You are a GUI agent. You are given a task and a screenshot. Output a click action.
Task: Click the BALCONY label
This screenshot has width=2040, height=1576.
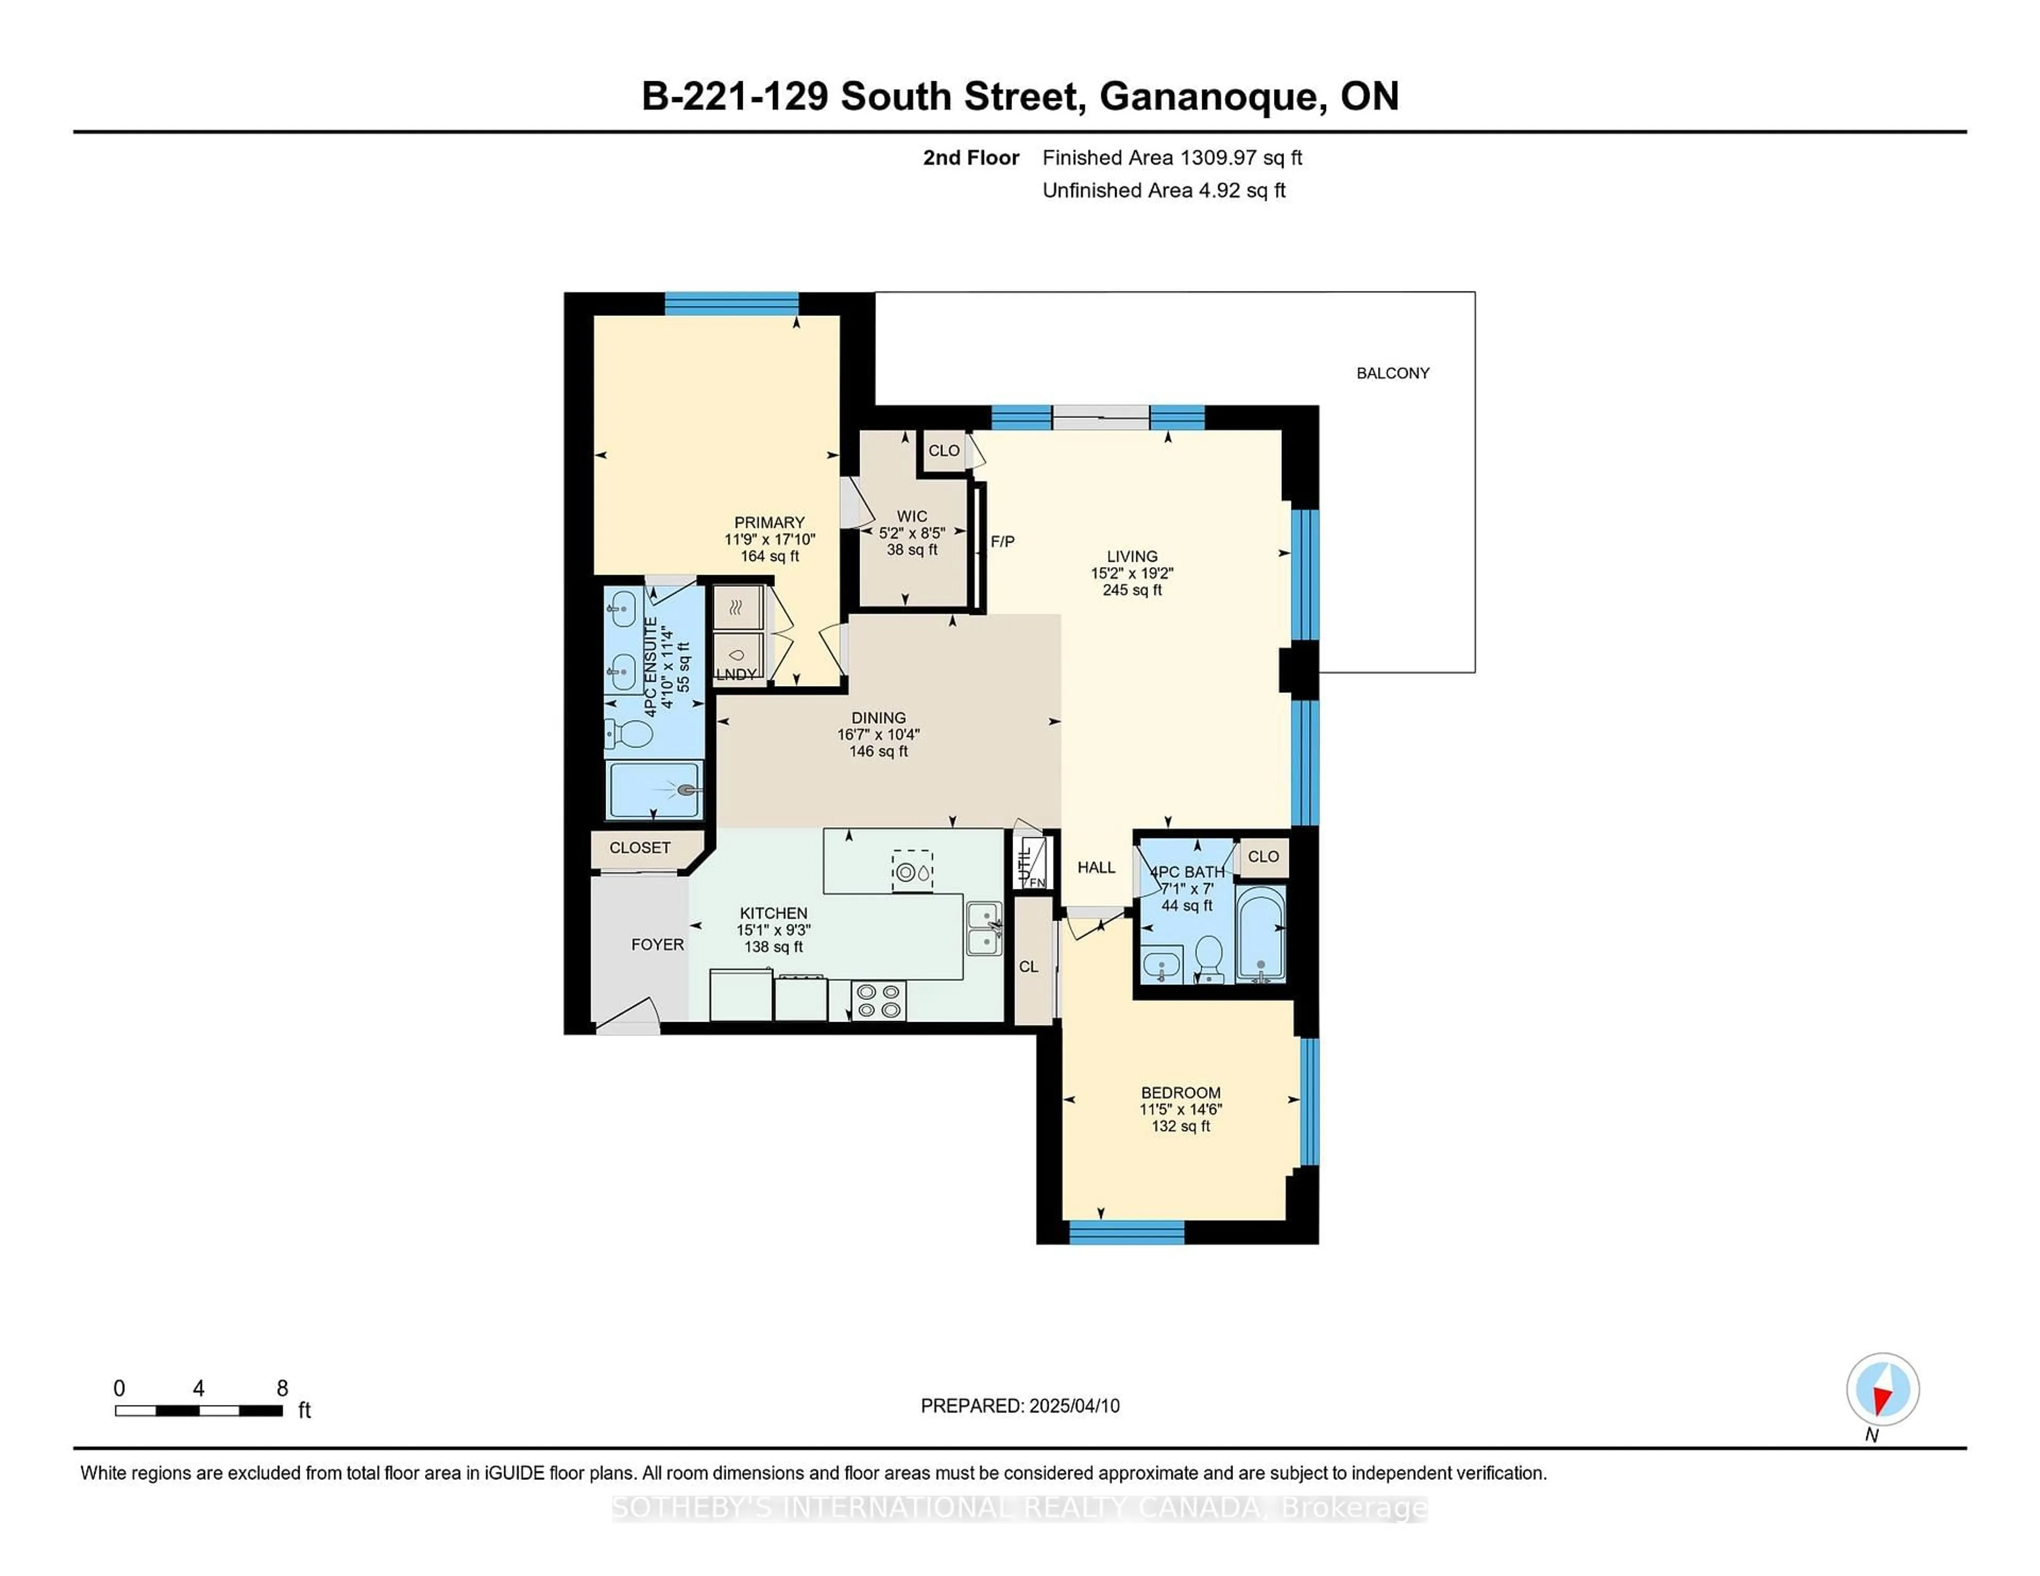1392,373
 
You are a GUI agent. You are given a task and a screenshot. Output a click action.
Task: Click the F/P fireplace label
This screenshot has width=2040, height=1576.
1002,542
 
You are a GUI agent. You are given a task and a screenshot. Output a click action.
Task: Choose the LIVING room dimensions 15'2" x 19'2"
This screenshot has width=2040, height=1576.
1132,573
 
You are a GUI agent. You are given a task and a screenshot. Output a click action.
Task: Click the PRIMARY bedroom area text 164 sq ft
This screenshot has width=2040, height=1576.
770,556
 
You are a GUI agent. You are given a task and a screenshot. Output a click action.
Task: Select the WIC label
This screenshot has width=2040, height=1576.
912,516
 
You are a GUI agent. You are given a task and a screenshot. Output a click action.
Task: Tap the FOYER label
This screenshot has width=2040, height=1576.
658,945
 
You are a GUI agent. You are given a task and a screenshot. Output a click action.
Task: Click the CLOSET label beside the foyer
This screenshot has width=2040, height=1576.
640,848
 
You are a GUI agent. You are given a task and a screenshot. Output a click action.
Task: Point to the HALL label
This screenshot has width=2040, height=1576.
1095,867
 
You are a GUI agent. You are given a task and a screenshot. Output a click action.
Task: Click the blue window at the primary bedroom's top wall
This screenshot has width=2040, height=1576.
732,303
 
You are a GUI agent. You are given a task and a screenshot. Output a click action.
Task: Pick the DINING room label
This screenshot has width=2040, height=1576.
878,718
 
